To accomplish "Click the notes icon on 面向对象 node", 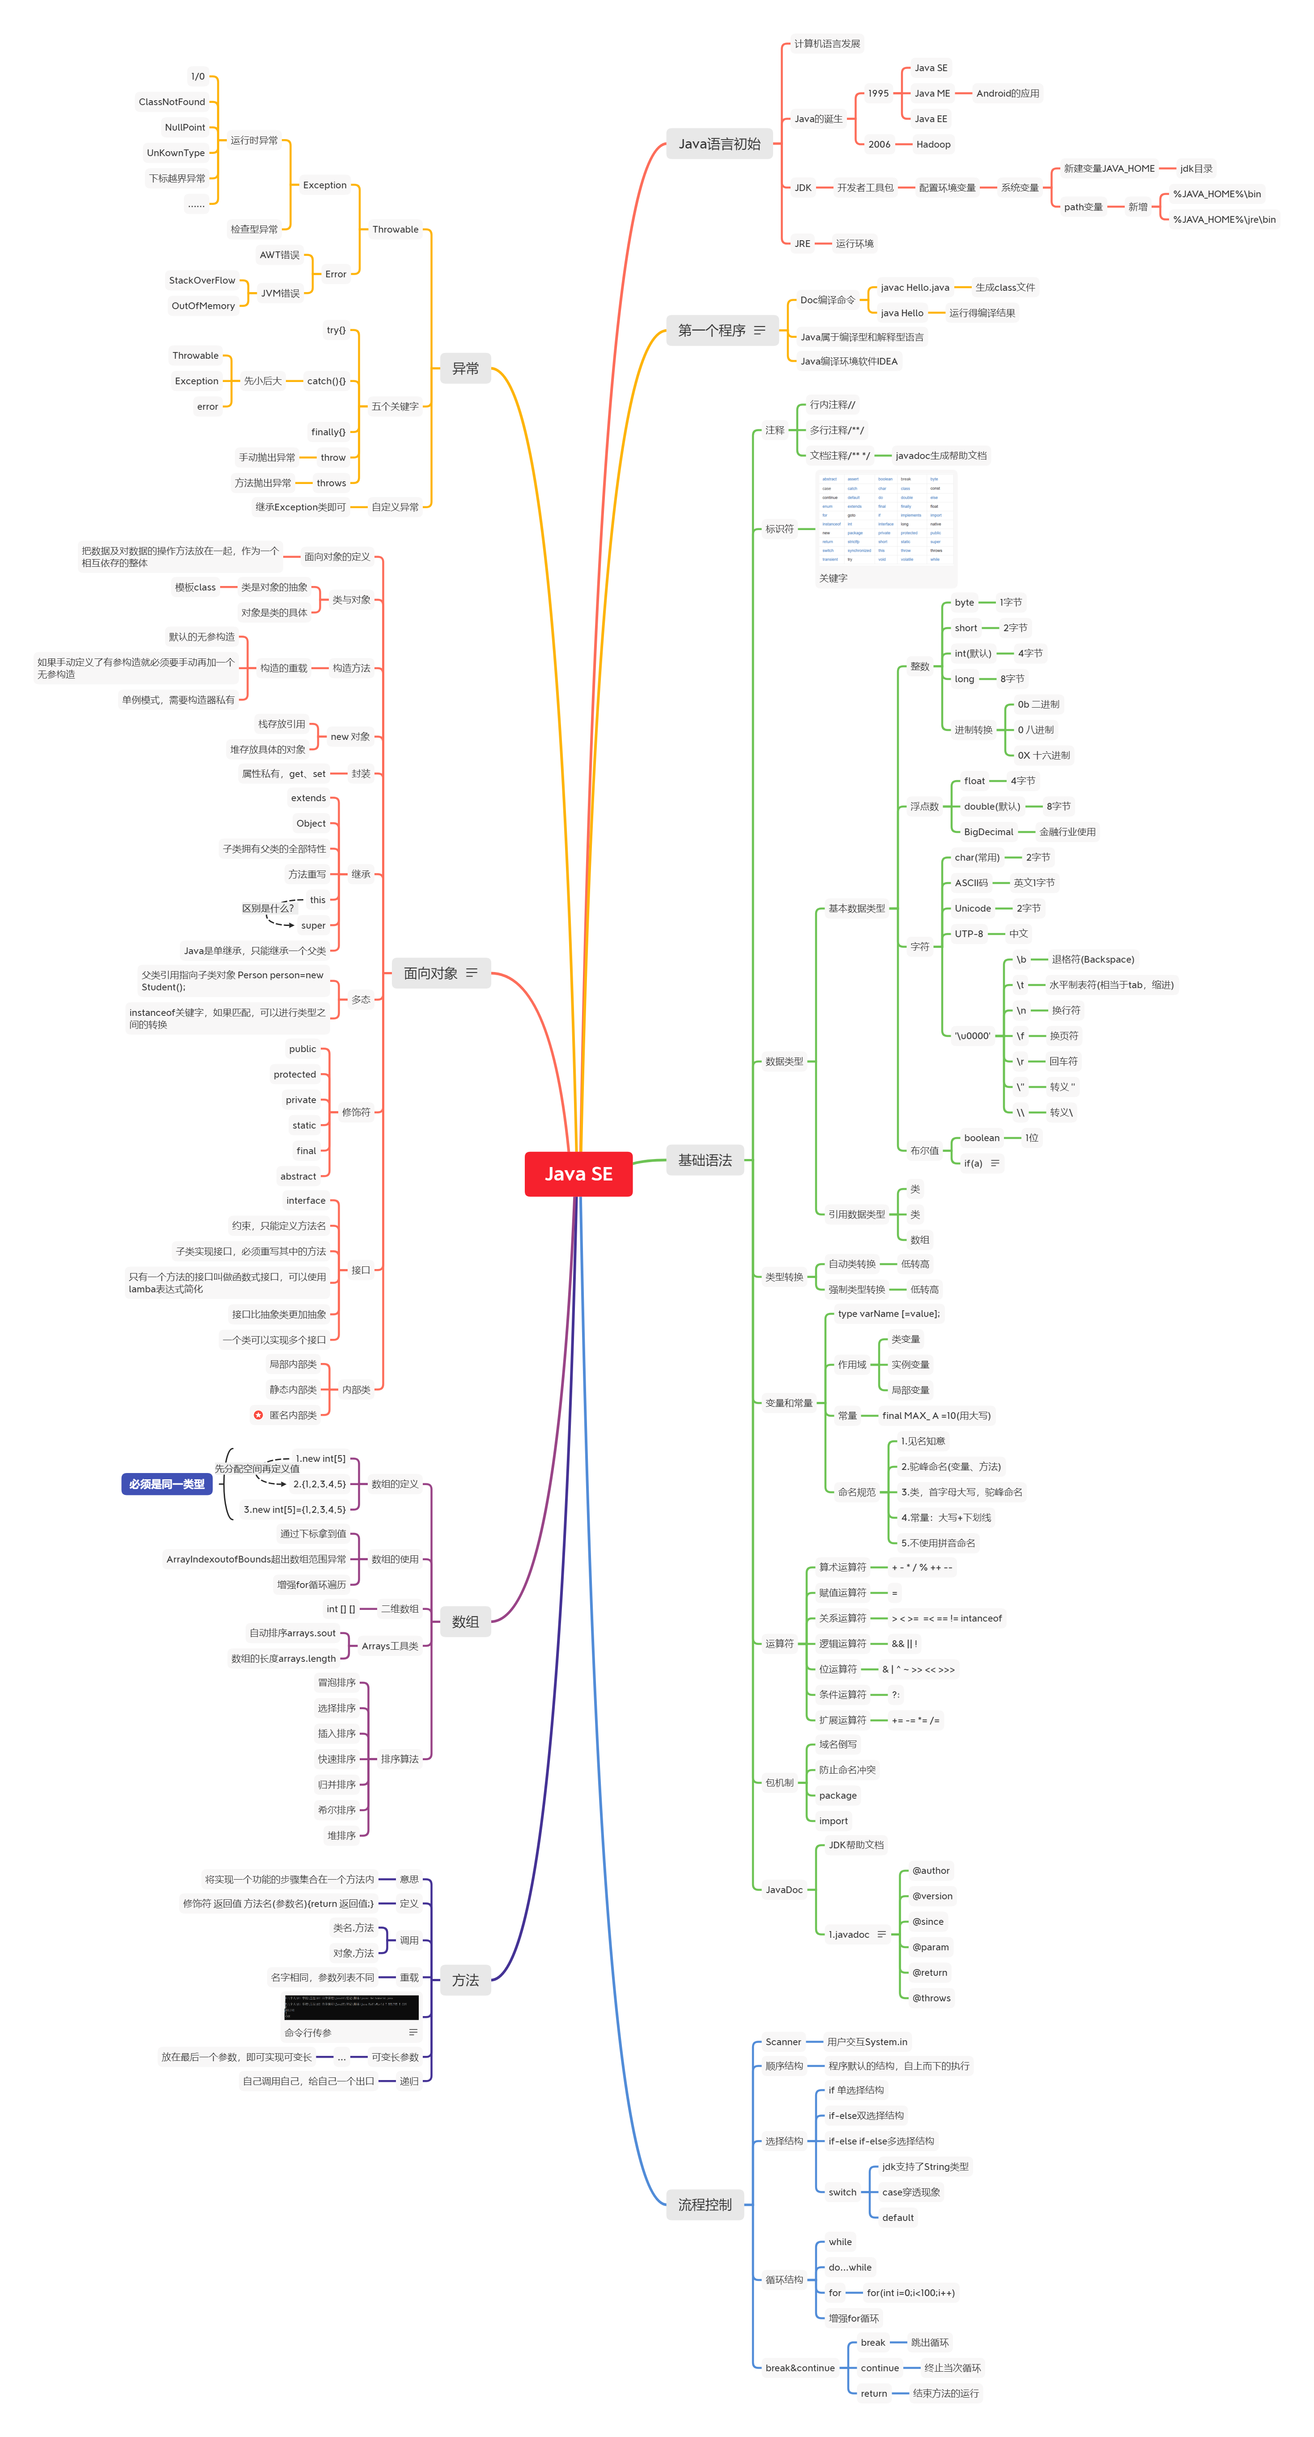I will click(471, 972).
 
